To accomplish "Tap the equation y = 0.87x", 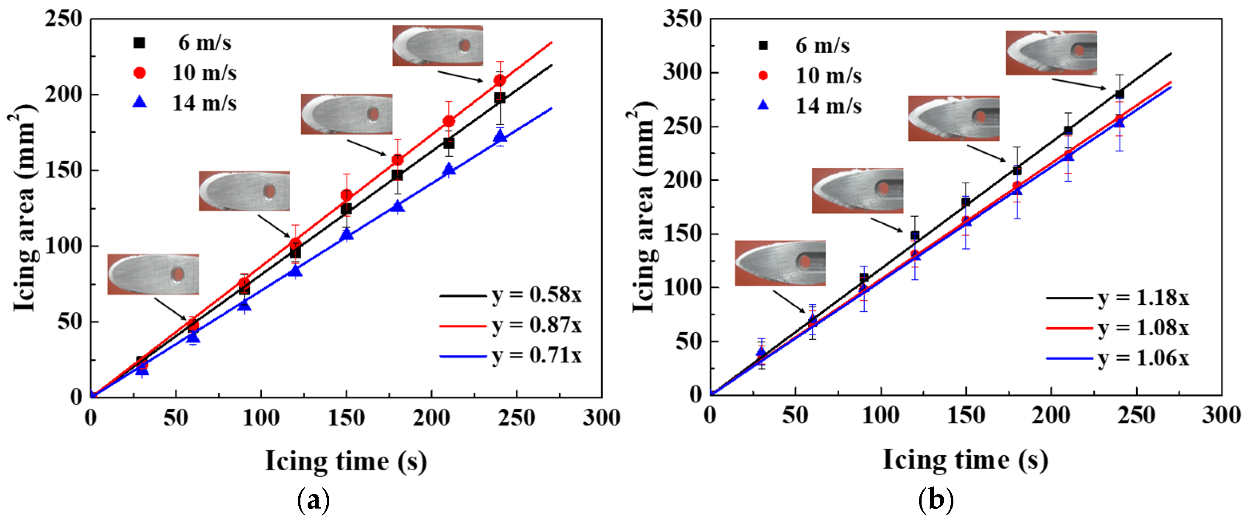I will (x=536, y=325).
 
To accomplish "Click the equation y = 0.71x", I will (x=536, y=356).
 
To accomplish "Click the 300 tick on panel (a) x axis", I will (x=601, y=417).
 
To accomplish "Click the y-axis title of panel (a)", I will (x=23, y=208).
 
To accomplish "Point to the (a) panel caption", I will (x=313, y=500).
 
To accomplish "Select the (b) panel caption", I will (x=935, y=500).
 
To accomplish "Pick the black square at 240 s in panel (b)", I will (x=1119, y=94).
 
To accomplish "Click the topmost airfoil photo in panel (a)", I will (x=437, y=45).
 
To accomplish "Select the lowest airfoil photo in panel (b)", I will (x=780, y=263).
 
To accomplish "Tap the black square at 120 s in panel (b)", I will (x=914, y=236).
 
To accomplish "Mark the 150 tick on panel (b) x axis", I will (x=965, y=416).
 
